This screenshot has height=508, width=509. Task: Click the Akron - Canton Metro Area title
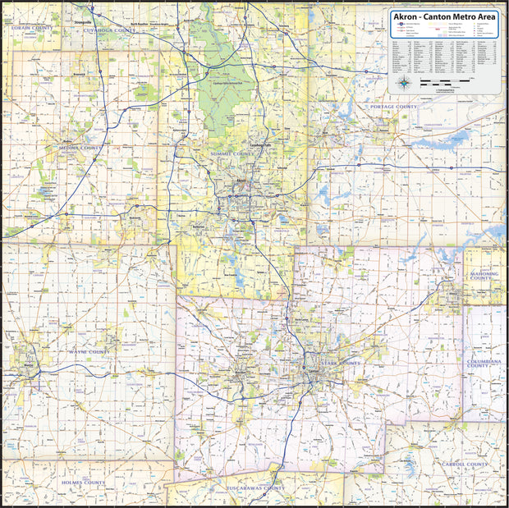[x=444, y=16]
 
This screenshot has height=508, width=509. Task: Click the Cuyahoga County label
[x=109, y=30]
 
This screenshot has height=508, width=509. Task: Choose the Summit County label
[x=232, y=153]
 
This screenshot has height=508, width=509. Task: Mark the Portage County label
[x=393, y=107]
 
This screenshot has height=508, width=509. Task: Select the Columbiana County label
[x=489, y=362]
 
